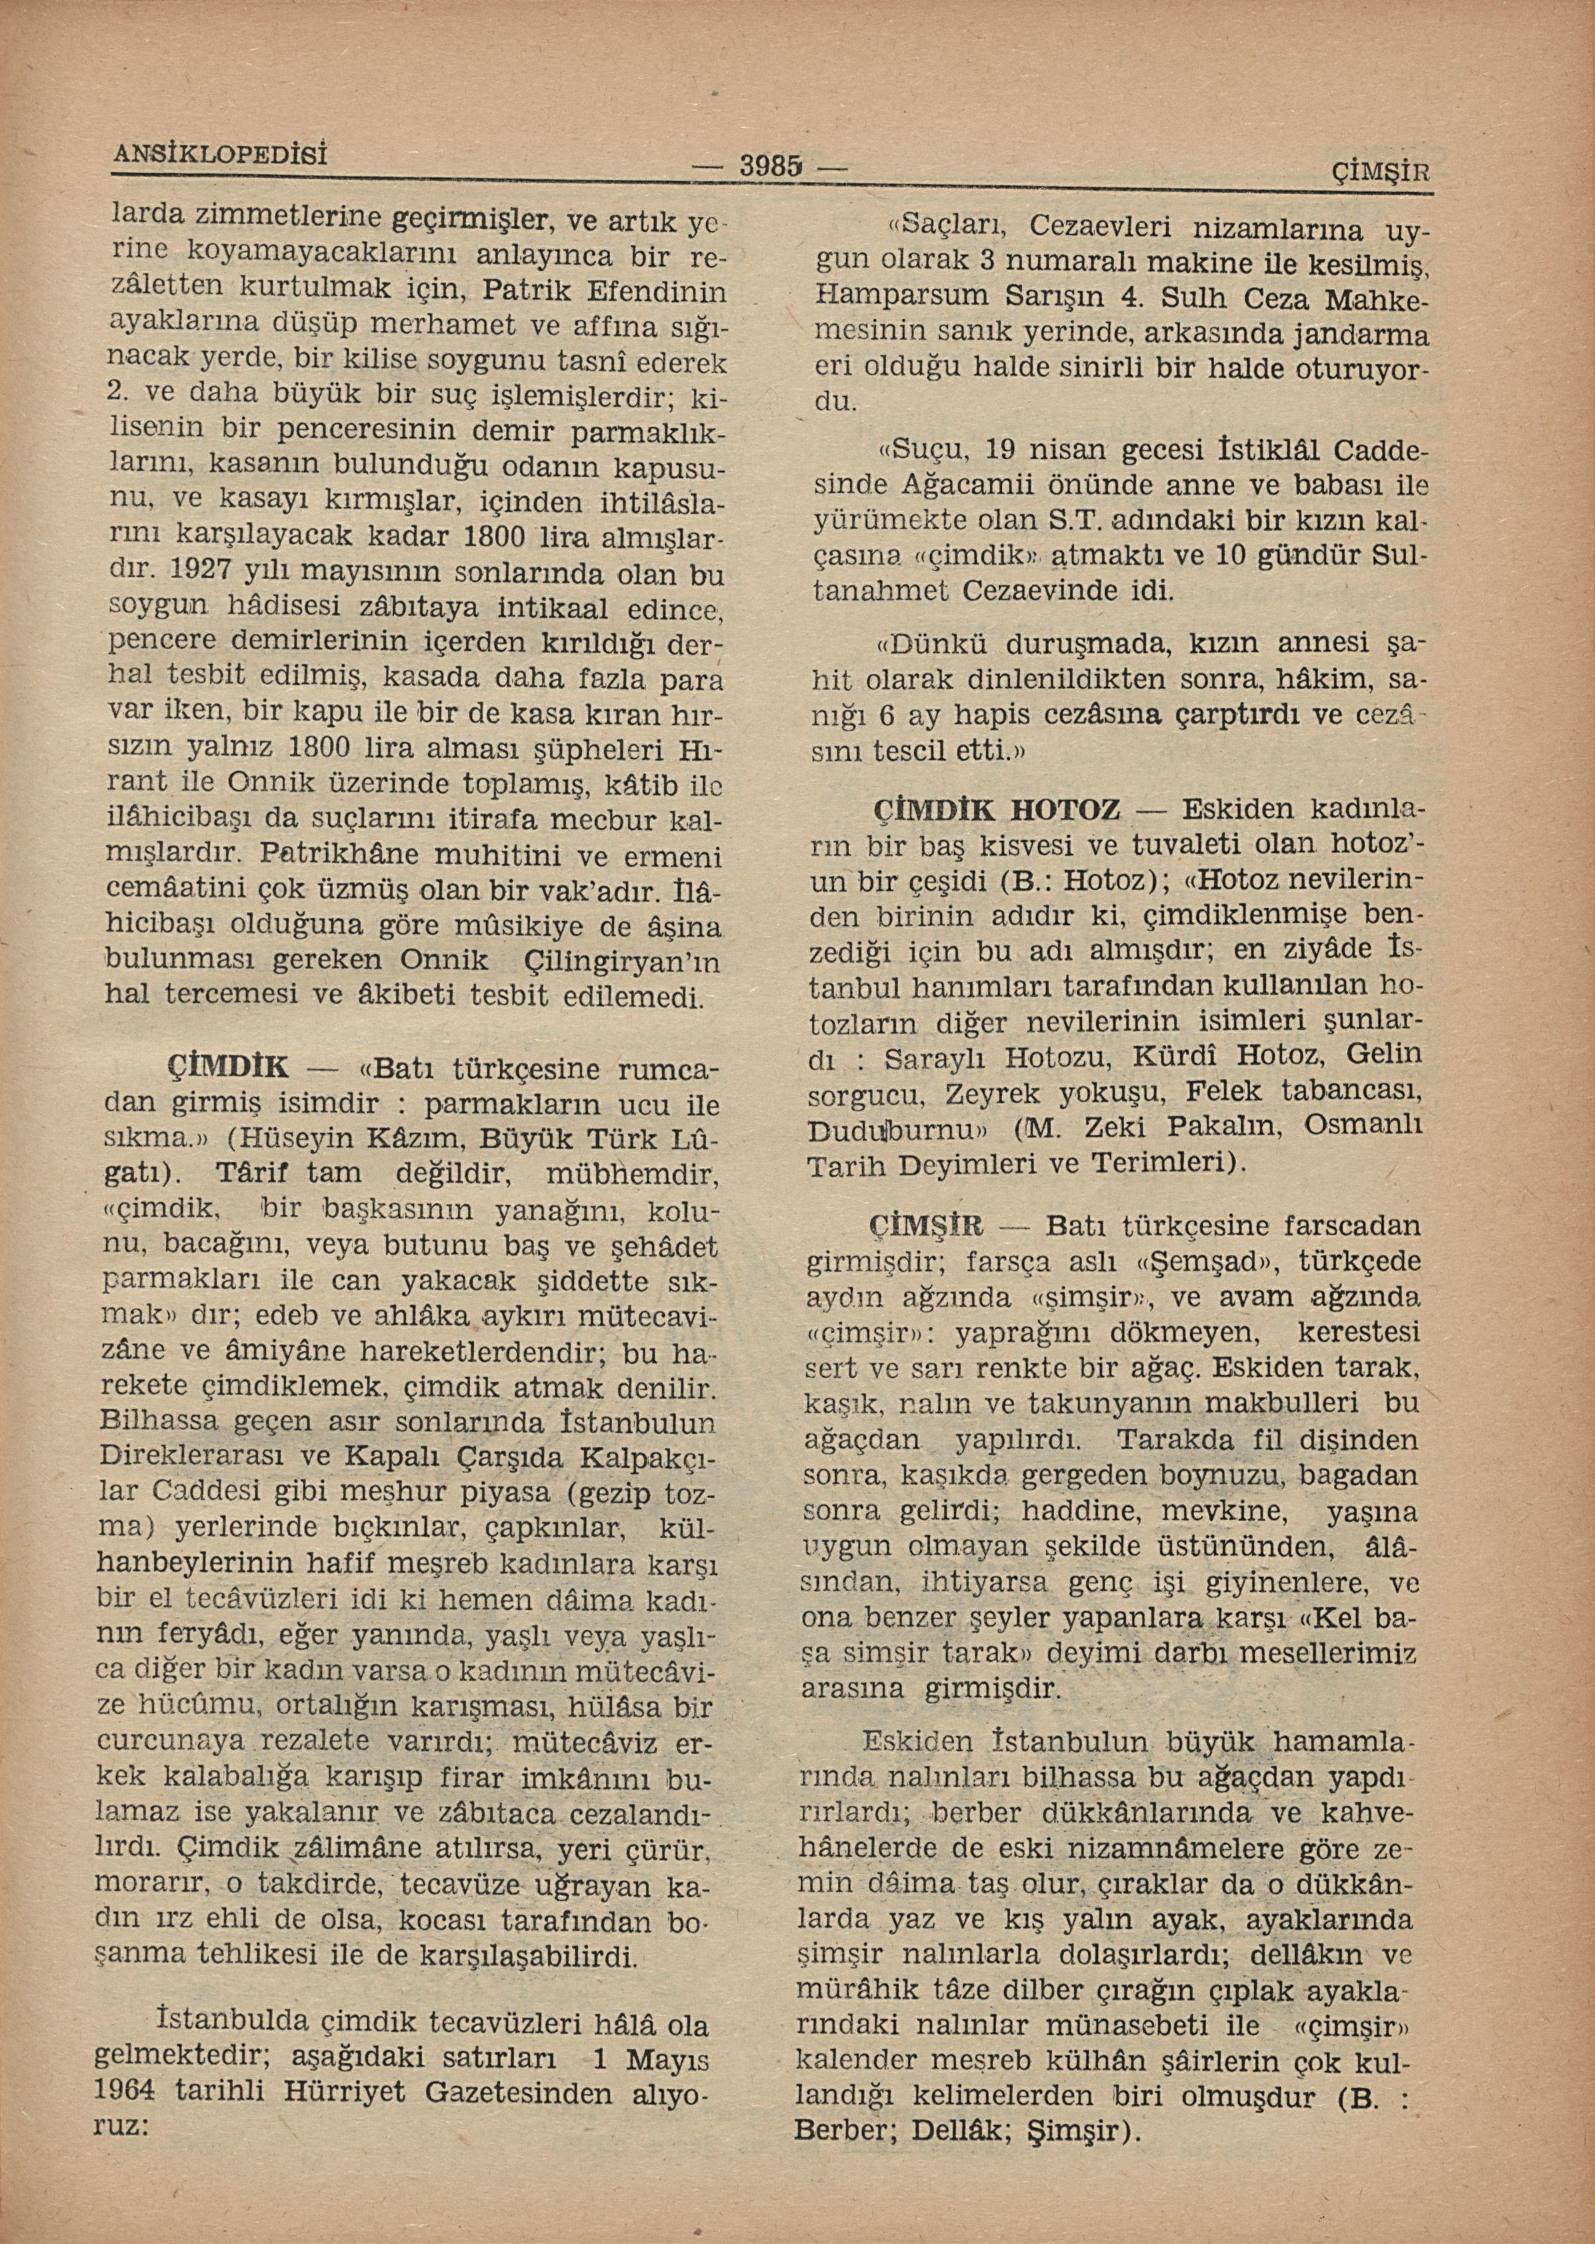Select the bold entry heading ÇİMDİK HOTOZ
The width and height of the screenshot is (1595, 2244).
pos(997,812)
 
